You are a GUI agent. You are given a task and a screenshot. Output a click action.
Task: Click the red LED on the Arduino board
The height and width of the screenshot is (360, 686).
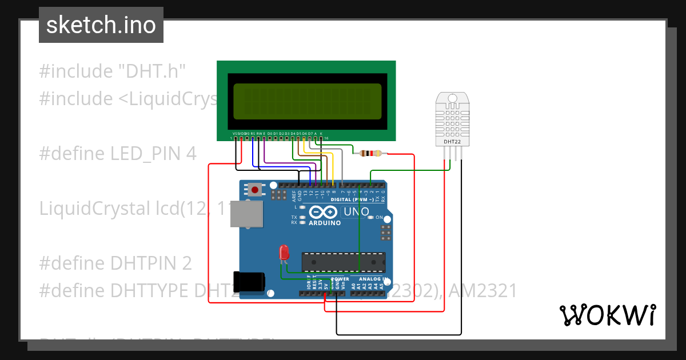[x=283, y=252]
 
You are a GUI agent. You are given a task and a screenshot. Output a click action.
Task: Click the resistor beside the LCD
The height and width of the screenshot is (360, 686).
[x=372, y=153]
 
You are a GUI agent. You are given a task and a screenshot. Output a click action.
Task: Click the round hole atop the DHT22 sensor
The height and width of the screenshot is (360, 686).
[x=452, y=99]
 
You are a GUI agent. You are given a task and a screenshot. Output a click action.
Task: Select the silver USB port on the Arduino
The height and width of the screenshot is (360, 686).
[x=246, y=214]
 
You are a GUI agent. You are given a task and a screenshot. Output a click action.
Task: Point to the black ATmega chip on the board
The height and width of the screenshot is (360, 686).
[x=343, y=262]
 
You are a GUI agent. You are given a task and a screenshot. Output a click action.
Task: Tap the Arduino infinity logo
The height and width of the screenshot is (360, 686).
[x=318, y=213]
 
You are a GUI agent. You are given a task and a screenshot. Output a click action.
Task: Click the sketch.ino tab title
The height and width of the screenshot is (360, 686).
[x=101, y=25]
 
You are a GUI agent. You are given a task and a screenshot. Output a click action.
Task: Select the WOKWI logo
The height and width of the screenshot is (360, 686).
[x=607, y=315]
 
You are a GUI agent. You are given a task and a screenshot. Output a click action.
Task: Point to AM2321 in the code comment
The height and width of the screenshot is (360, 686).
[x=482, y=291]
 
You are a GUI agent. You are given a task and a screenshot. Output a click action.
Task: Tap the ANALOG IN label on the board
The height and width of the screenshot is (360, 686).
[x=374, y=279]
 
